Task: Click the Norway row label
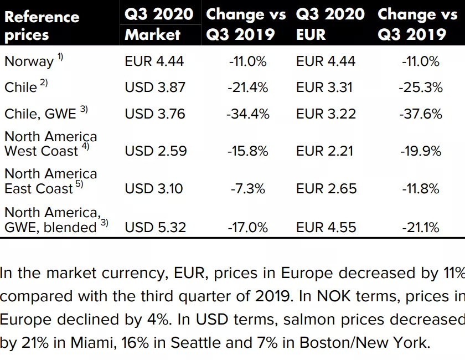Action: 29,61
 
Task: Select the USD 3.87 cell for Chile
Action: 155,88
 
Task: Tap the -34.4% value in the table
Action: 248,114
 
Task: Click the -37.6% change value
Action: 421,114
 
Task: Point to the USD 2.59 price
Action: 156,151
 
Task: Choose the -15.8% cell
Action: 248,151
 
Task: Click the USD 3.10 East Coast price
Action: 154,189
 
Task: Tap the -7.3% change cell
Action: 248,189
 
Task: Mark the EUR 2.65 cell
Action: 326,189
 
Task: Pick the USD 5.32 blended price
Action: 156,227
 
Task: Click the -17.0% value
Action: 248,227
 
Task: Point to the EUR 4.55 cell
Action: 326,227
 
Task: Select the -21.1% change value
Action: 421,227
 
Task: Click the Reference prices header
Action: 42,25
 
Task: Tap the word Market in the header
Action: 153,34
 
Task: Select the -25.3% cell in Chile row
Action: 421,88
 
